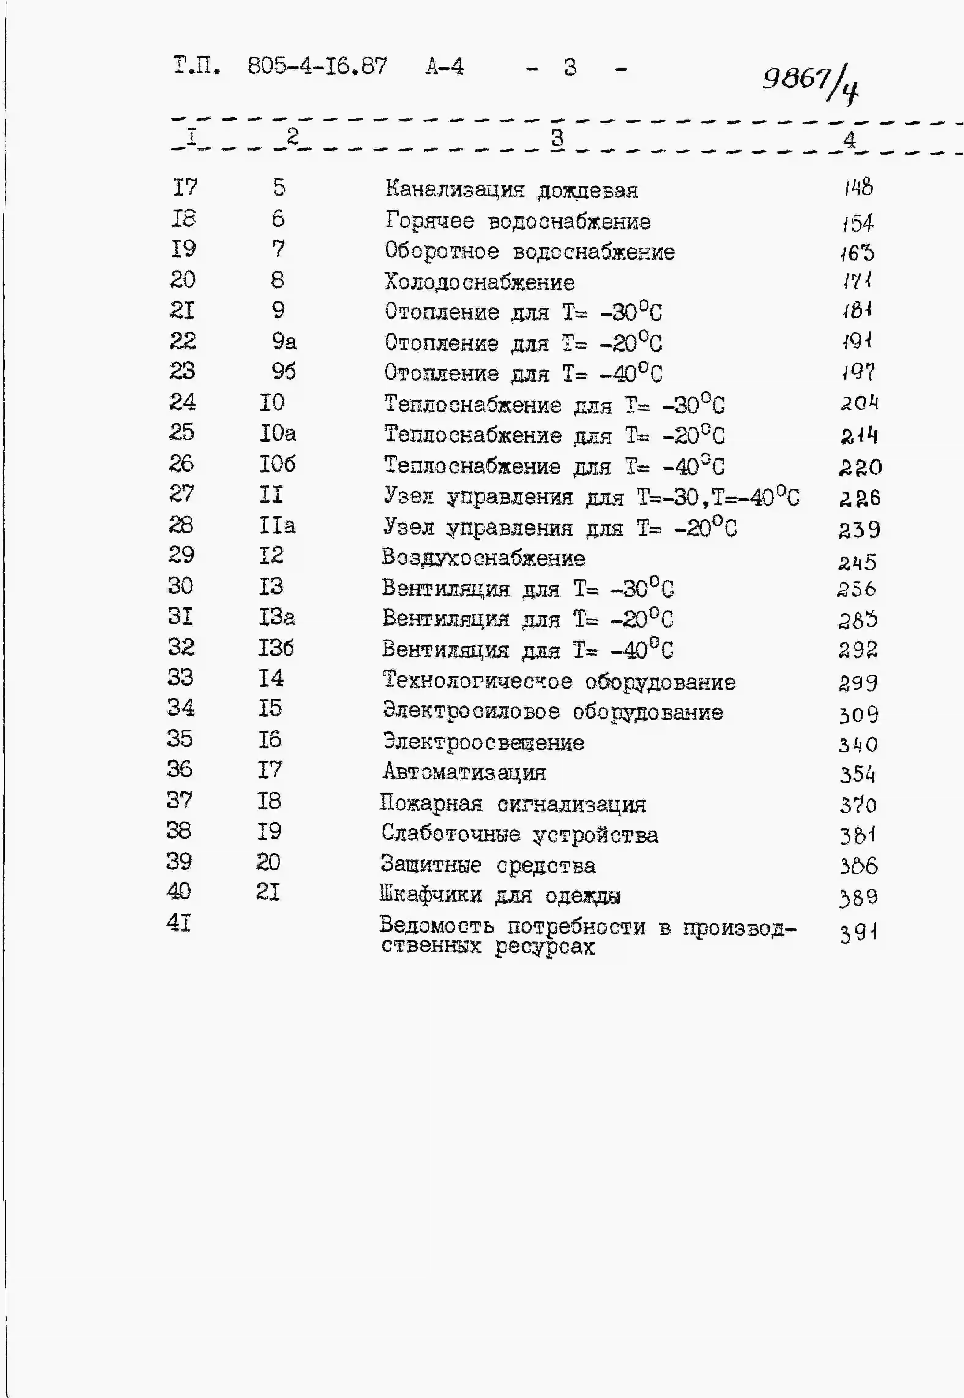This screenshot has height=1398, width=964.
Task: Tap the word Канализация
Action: [x=454, y=189]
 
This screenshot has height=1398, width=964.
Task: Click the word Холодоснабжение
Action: [x=480, y=282]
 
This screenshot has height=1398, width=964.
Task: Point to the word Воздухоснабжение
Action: [x=483, y=558]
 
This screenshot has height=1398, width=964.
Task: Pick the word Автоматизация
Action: [x=464, y=772]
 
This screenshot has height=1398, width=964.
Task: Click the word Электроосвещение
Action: [x=483, y=742]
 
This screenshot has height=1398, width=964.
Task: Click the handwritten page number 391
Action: [x=858, y=934]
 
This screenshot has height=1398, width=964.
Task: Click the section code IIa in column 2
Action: [x=277, y=525]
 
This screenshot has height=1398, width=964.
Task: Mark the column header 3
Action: [x=557, y=138]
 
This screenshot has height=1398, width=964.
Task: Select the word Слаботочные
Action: [x=450, y=834]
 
